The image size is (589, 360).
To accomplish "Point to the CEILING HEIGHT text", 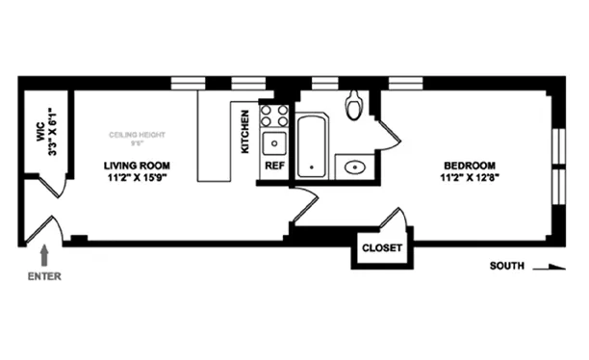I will pyautogui.click(x=138, y=135).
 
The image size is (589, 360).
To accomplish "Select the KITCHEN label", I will pyautogui.click(x=246, y=131).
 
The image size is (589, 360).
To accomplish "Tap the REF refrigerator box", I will pyautogui.click(x=275, y=166).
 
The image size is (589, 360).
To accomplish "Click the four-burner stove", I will pyautogui.click(x=273, y=116).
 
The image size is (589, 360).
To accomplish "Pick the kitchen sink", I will pyautogui.click(x=275, y=144).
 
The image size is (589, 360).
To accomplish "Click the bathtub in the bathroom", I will pyautogui.click(x=311, y=145).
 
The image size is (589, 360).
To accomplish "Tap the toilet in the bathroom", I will pyautogui.click(x=354, y=104).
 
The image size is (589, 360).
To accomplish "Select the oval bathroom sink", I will pyautogui.click(x=354, y=167).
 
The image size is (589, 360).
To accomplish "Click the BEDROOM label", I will pyautogui.click(x=469, y=165).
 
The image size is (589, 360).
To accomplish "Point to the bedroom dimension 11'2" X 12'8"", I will pyautogui.click(x=469, y=177).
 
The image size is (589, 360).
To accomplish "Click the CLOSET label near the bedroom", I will pyautogui.click(x=381, y=248).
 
